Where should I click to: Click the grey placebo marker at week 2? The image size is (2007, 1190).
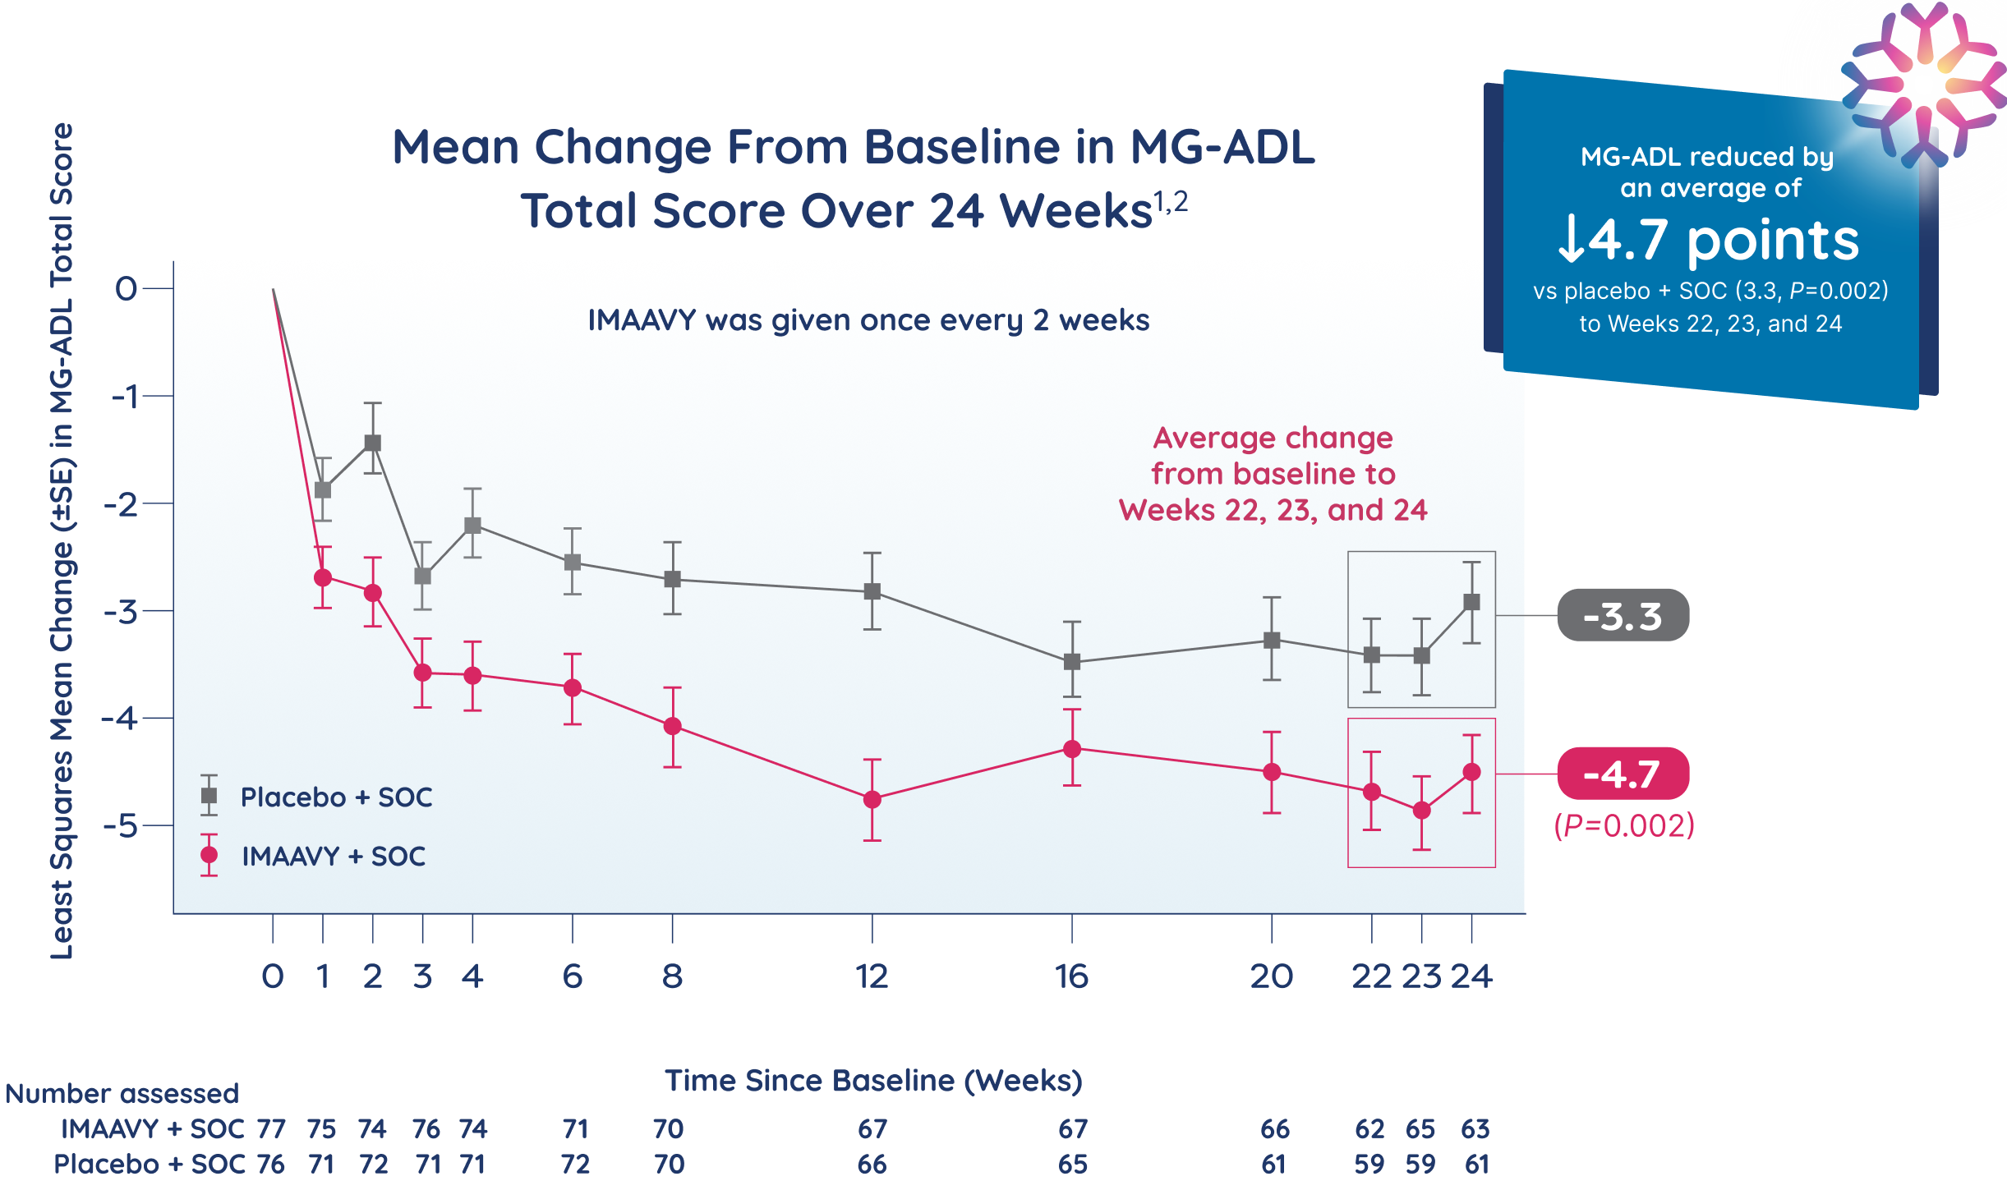(372, 443)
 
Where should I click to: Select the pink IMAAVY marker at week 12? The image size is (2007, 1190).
(872, 799)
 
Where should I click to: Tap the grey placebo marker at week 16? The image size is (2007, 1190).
(1071, 662)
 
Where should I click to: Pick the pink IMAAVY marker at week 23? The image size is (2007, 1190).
(1421, 811)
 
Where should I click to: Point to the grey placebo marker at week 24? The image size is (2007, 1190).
(1471, 602)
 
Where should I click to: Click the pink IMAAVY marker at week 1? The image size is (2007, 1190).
(323, 577)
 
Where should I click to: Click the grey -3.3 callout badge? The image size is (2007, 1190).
(1623, 615)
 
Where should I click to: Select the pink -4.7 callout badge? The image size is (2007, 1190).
(1623, 774)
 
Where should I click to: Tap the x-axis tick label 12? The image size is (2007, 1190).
(872, 976)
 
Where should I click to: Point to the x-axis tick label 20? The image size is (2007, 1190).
(1271, 976)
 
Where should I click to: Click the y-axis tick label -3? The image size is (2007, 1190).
(122, 612)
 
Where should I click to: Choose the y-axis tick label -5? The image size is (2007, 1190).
(122, 825)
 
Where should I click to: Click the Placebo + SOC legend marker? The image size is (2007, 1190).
(209, 796)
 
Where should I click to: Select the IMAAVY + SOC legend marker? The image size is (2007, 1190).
(209, 855)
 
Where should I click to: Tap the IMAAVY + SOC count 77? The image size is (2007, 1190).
(271, 1129)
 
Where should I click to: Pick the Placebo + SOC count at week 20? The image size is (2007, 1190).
(1273, 1164)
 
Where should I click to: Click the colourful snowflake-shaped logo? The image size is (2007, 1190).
(1922, 82)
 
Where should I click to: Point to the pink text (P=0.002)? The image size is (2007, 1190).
(1624, 825)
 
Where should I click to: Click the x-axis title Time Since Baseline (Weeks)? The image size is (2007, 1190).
(873, 1081)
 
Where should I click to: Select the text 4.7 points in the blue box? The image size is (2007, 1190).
(1709, 240)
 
